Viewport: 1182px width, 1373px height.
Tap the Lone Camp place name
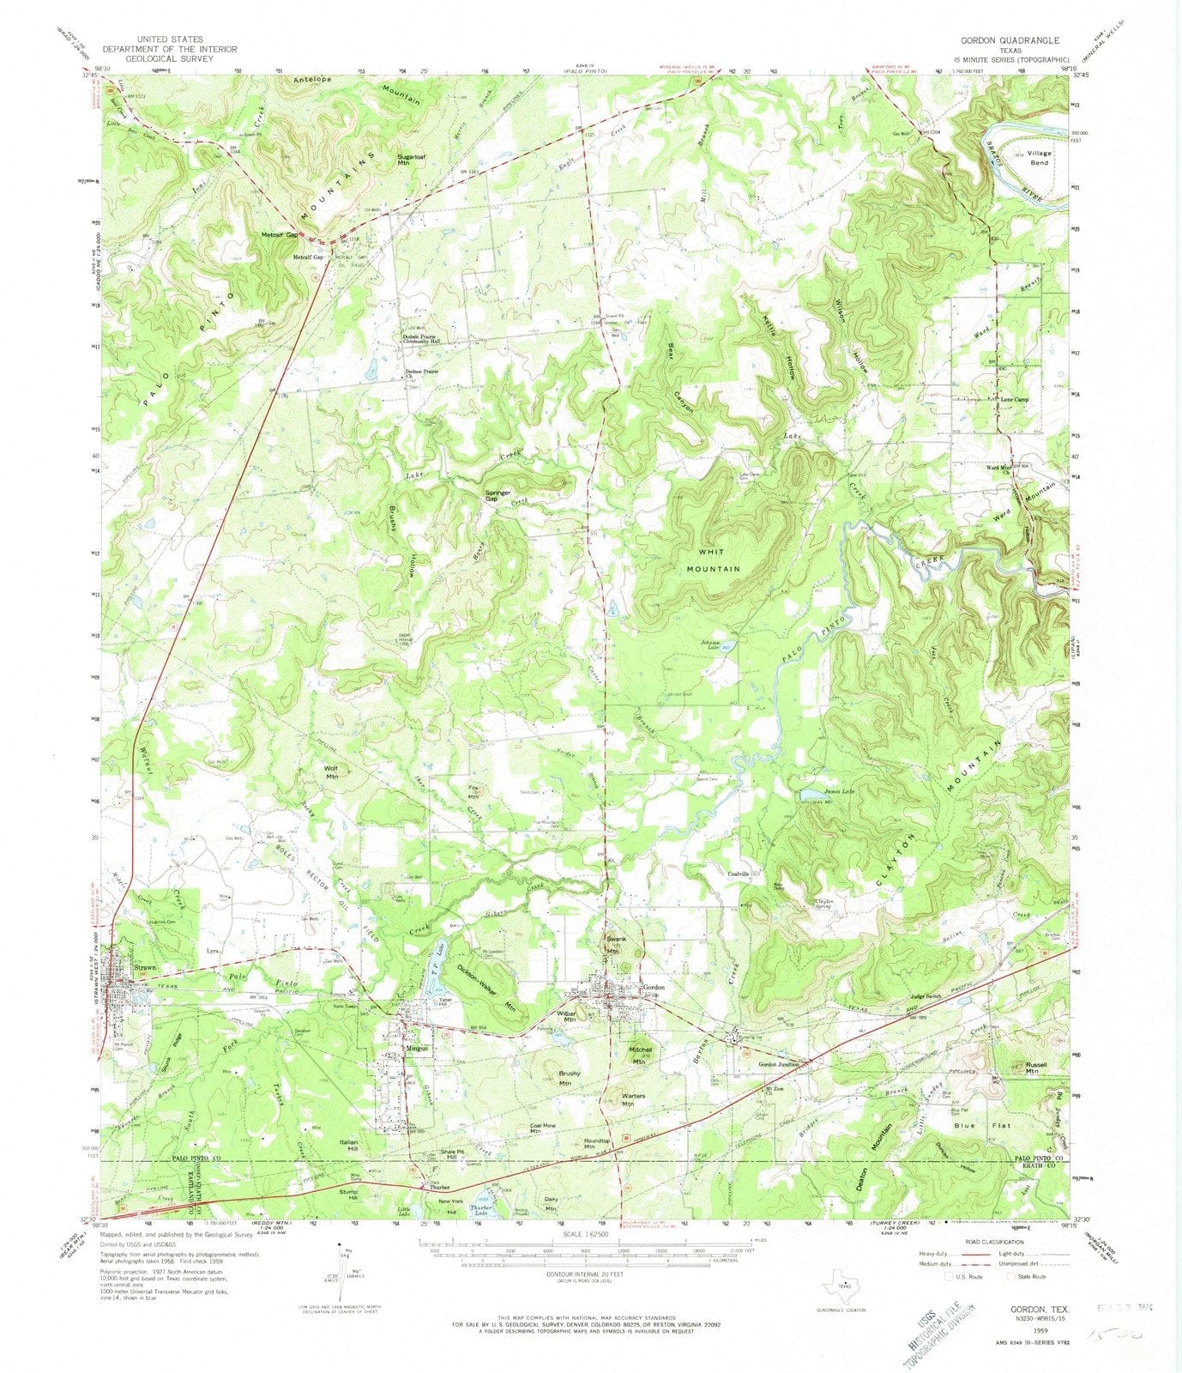(1015, 399)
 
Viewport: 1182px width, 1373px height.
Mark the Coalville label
(739, 874)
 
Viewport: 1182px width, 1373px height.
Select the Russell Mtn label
(1039, 1068)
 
